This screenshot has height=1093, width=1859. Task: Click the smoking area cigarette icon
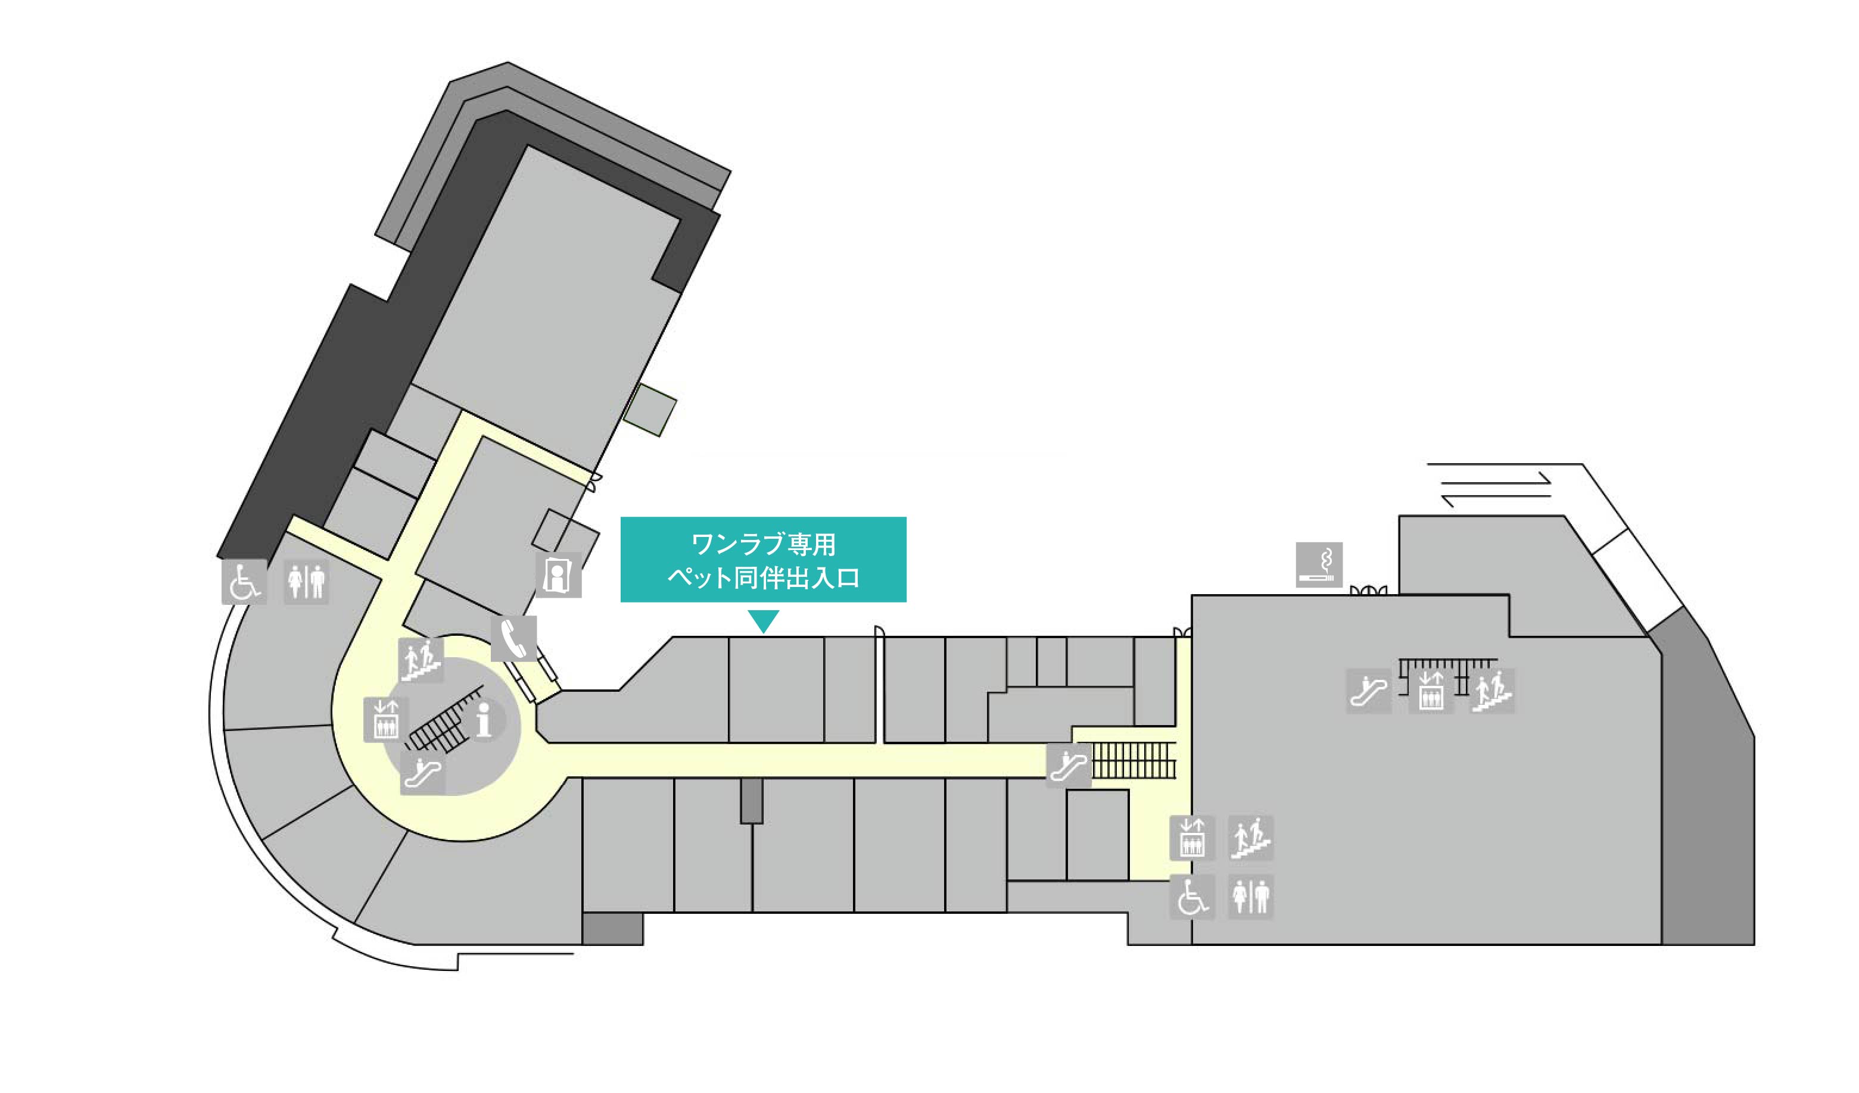coord(1319,565)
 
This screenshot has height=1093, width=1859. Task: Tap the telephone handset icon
coord(513,639)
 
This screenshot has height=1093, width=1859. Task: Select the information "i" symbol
coord(484,720)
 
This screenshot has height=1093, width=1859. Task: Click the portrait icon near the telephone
coord(559,575)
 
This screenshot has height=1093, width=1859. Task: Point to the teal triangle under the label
coord(763,620)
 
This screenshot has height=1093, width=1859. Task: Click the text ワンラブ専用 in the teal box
coord(763,544)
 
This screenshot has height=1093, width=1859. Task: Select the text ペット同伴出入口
coord(763,577)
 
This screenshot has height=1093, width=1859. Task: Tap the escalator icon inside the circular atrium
coord(423,772)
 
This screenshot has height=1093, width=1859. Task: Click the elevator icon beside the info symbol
coord(386,719)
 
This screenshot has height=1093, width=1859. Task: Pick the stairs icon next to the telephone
coord(421,660)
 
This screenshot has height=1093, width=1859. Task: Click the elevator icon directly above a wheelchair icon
coord(1192,838)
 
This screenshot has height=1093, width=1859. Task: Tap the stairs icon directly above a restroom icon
coord(1250,838)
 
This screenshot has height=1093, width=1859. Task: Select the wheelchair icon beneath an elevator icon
coord(1192,897)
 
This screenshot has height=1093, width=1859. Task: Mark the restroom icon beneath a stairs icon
coord(1250,897)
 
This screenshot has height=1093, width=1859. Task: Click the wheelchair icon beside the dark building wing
coord(244,582)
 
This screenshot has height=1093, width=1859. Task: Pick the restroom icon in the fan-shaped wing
coord(306,582)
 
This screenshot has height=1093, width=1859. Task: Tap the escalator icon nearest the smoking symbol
coord(1368,691)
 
